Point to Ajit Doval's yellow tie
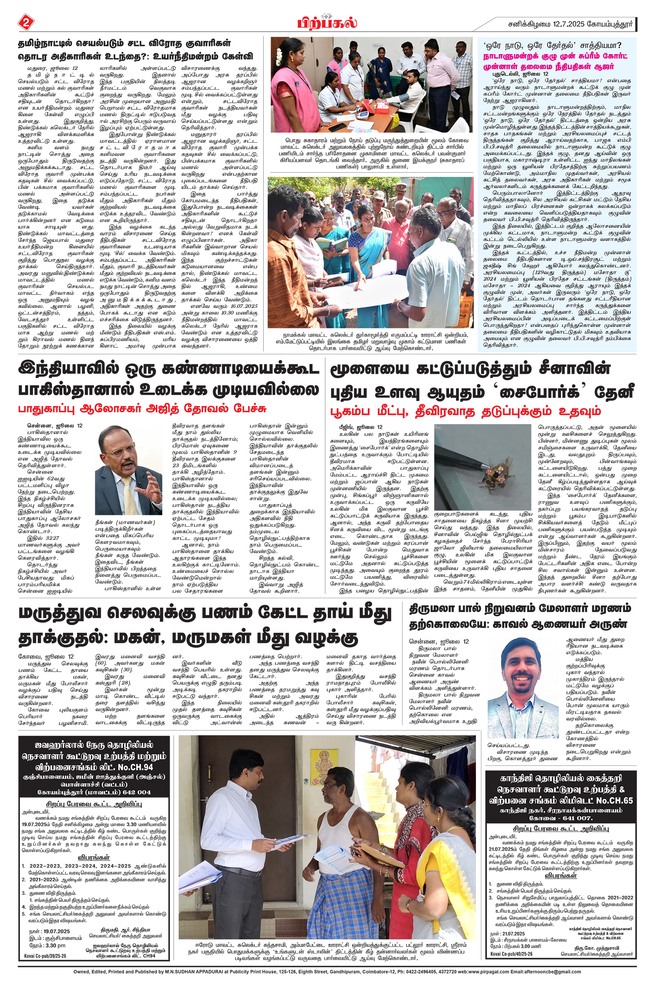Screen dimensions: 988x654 click(x=127, y=492)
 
